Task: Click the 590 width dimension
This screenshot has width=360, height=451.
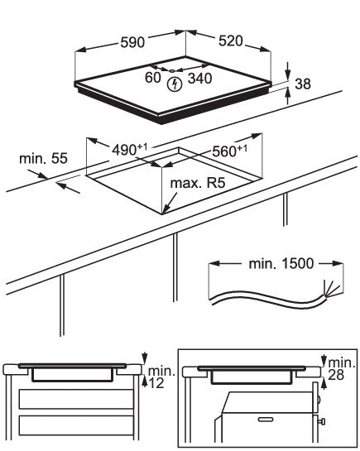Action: coord(132,42)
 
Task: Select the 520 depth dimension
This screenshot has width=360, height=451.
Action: coord(231,41)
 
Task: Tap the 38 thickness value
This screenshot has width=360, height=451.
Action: coord(303,84)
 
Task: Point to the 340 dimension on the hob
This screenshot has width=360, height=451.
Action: coord(200,79)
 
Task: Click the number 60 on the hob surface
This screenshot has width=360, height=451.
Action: coord(152,77)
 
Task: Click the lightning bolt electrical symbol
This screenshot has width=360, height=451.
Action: coord(175,84)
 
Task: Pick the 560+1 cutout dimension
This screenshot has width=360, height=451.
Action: coord(229,151)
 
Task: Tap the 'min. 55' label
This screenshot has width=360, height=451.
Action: coord(43,159)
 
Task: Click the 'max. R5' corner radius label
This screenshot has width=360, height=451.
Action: coord(198,183)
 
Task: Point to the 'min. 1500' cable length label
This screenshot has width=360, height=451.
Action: coord(281,264)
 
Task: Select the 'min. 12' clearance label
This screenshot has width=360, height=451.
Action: coord(161,377)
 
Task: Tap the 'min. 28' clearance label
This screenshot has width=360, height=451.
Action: coord(342,369)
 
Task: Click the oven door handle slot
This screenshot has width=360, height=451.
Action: coord(266,420)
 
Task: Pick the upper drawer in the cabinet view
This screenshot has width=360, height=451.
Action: coord(76,399)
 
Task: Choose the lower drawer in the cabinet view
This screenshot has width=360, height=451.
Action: coord(76,425)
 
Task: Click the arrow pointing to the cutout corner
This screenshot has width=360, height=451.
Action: coord(170,203)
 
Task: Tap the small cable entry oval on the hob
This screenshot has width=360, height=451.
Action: coord(171,70)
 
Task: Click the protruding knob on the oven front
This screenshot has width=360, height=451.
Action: coord(322,422)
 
